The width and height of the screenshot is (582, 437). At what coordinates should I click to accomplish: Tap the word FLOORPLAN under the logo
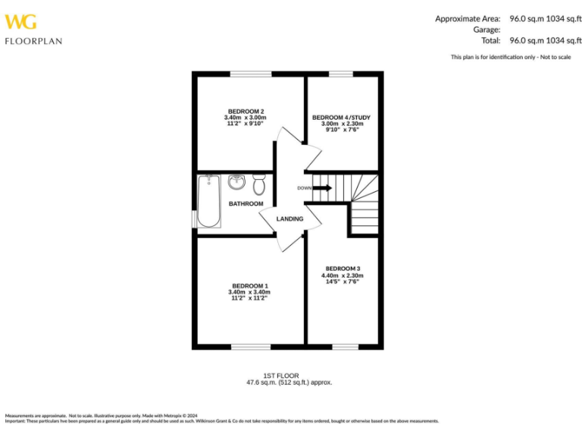[x=33, y=41]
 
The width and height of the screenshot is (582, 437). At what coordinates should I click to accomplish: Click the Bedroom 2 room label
[x=246, y=112]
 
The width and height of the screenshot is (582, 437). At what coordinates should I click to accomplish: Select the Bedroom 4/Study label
[x=341, y=118]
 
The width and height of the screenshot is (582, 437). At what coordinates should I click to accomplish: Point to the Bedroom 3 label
[x=343, y=269]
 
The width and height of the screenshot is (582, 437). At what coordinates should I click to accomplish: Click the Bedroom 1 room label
[x=249, y=286]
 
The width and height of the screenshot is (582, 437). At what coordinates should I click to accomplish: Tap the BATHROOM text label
[x=246, y=204]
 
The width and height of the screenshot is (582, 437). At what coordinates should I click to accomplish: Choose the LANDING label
[x=289, y=219]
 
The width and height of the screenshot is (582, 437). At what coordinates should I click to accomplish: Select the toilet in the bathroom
[x=259, y=184]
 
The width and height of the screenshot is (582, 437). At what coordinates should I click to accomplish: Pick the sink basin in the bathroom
[x=236, y=181]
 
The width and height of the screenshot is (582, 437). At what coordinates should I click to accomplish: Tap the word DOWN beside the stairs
[x=304, y=188]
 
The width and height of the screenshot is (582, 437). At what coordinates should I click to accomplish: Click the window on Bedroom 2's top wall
[x=251, y=74]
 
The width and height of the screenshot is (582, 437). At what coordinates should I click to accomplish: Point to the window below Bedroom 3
[x=345, y=347]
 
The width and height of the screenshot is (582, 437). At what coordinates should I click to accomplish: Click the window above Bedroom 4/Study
[x=341, y=74]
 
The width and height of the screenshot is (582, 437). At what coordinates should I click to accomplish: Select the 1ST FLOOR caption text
[x=281, y=376]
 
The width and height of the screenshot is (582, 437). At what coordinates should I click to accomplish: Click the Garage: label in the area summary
[x=485, y=30]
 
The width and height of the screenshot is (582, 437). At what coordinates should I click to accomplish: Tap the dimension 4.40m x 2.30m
[x=343, y=275]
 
